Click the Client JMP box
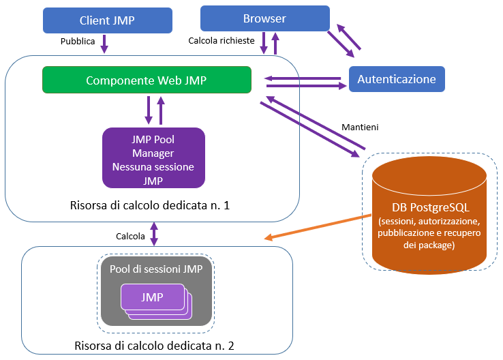pyautogui.click(x=106, y=20)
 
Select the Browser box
pyautogui.click(x=264, y=18)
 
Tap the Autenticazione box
pyautogui.click(x=396, y=79)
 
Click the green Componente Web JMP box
pyautogui.click(x=146, y=80)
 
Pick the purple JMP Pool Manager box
pyautogui.click(x=153, y=157)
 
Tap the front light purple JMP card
pyautogui.click(x=151, y=297)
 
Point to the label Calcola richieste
pyautogui.click(x=222, y=42)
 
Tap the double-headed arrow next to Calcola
pyautogui.click(x=154, y=234)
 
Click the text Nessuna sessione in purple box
pyautogui.click(x=153, y=166)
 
